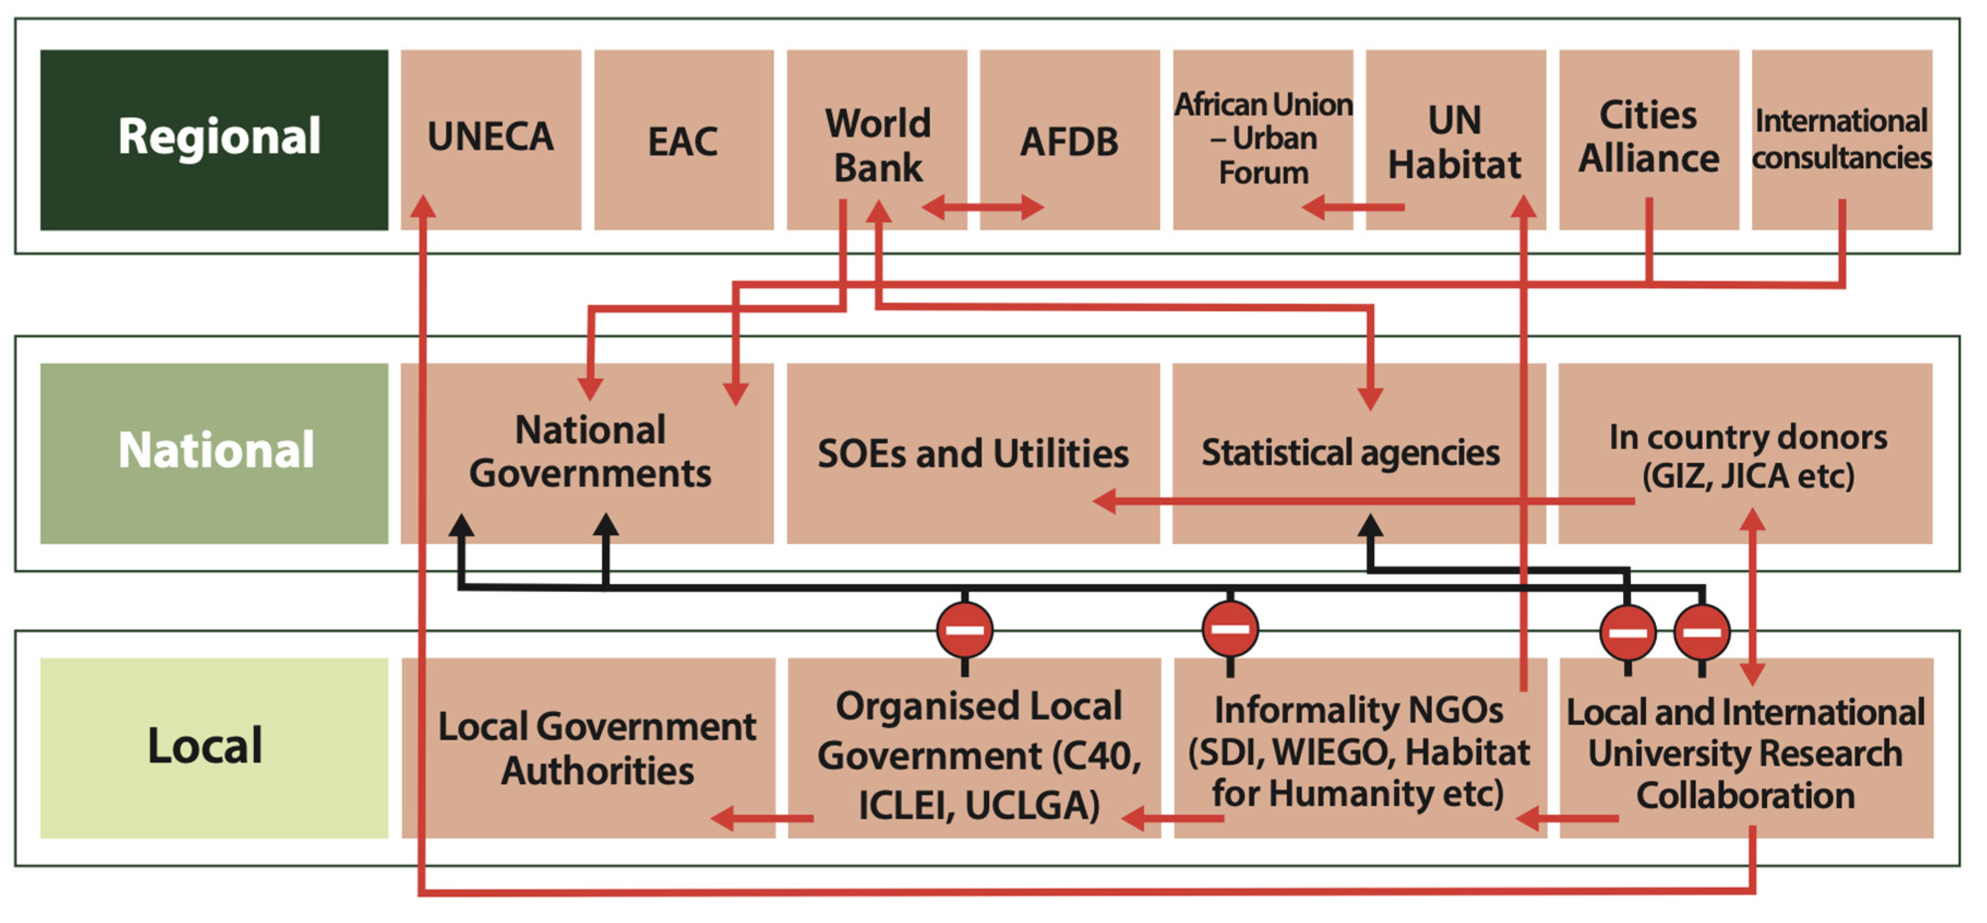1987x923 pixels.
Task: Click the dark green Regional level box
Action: (214, 140)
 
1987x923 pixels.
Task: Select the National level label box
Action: (214, 453)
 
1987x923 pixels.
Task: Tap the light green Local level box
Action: (214, 747)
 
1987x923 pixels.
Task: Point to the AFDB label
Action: (1069, 141)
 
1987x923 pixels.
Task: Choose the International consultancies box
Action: (1841, 139)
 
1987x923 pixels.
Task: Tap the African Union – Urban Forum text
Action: (1263, 138)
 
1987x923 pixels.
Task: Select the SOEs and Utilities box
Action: (973, 453)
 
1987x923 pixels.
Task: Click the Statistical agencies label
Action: (1350, 452)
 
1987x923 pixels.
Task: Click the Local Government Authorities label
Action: (597, 748)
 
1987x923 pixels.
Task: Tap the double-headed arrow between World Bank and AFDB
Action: (983, 207)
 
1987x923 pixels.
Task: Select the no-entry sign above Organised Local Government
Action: (964, 630)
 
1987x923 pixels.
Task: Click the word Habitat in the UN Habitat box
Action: (1455, 164)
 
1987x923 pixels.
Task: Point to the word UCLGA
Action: (1032, 806)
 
